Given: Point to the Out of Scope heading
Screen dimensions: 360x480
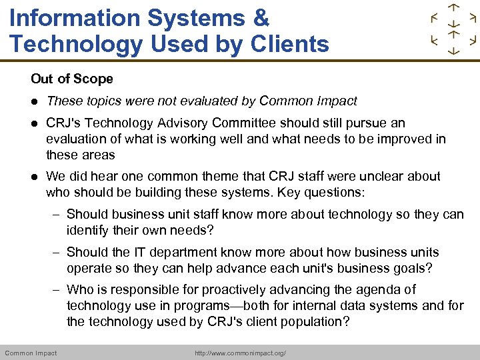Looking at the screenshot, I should tap(72, 79).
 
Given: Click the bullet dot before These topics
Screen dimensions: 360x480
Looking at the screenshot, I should tap(34, 101).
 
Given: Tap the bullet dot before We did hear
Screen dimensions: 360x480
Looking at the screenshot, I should tap(34, 177).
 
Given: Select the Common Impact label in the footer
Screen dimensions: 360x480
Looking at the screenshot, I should tap(31, 353).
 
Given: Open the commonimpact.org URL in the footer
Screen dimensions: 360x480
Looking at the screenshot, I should tap(240, 353).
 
